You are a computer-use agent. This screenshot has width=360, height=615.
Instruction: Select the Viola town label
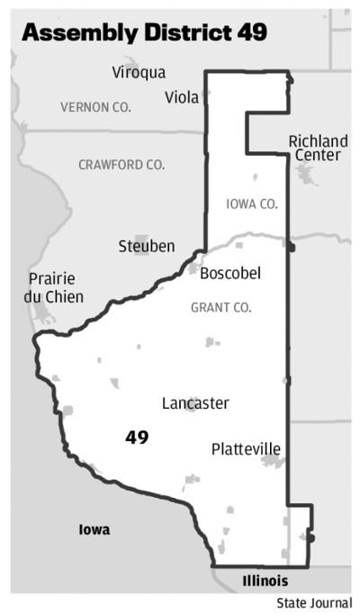[x=183, y=97]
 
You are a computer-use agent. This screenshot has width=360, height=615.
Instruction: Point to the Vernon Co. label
[x=95, y=107]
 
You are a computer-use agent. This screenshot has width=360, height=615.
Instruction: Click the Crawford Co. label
[x=121, y=165]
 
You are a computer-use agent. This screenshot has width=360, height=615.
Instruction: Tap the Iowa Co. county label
[x=251, y=204]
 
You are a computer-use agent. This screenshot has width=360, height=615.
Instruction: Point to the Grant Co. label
[x=220, y=308]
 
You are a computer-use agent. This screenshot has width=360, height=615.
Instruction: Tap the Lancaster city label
[x=195, y=403]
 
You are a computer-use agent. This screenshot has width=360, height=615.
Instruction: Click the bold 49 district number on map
[x=137, y=438]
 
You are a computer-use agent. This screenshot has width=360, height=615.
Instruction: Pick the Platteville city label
[x=246, y=448]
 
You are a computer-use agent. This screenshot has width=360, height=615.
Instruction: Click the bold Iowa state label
[x=94, y=529]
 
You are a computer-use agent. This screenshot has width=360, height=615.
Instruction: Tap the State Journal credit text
[x=314, y=602]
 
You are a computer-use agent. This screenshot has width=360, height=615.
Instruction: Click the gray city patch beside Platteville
[x=272, y=462]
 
